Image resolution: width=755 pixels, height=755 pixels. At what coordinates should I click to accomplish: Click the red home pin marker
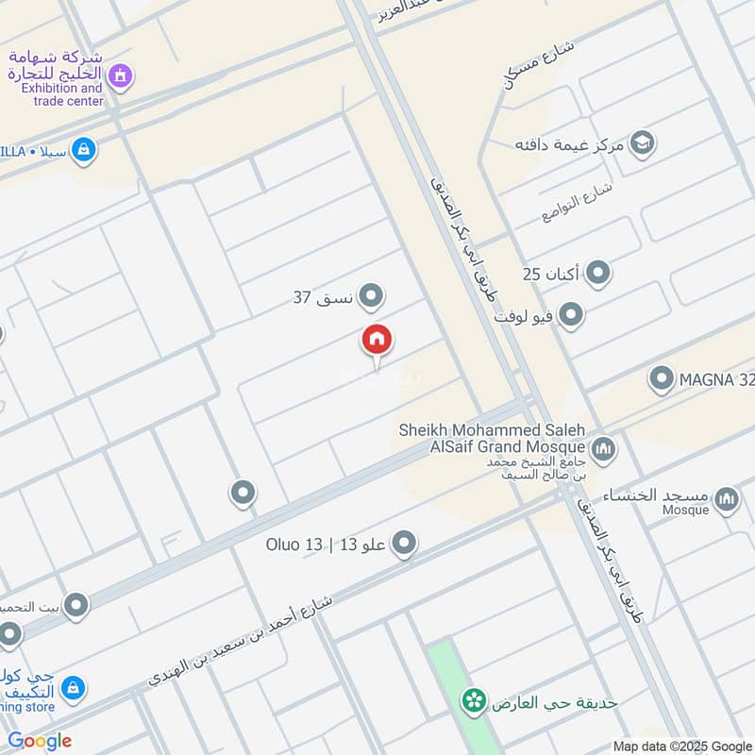coord(377,340)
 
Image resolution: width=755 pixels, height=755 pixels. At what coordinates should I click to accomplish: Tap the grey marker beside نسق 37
coord(373,296)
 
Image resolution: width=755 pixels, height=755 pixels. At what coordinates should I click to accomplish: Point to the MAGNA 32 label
coord(716,380)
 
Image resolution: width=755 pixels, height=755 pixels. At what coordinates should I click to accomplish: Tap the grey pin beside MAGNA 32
coord(662,379)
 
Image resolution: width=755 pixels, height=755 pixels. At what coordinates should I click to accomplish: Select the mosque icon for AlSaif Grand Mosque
coord(603,448)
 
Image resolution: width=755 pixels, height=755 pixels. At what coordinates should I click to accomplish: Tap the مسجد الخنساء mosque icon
coord(726,499)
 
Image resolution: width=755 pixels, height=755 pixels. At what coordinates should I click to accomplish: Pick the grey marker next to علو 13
coord(404,543)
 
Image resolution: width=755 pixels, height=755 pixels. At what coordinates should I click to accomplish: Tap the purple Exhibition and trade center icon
coord(119,75)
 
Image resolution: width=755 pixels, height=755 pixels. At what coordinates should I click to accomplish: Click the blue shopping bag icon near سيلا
coord(84,149)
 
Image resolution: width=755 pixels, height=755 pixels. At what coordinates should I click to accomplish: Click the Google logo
coord(40,741)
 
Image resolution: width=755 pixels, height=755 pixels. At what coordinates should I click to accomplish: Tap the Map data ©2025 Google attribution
coord(681,746)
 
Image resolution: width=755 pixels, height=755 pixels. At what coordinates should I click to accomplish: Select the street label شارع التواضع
coord(578,201)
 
